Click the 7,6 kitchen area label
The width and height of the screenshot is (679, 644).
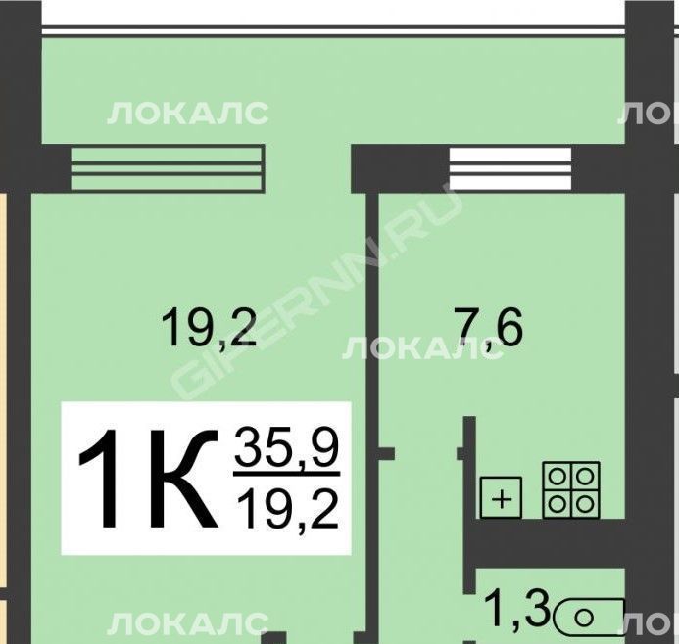pos(491,328)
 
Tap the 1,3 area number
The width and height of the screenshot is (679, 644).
pos(517,610)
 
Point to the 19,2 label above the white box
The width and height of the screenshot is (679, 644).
pos(209,327)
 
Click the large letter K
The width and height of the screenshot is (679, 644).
pos(182,479)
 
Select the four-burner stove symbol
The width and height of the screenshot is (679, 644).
pos(571,489)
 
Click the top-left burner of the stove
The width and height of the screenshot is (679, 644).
pos(557,477)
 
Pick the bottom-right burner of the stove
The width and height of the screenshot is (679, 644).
pos(586,504)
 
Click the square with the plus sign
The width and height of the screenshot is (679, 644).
pos(501,497)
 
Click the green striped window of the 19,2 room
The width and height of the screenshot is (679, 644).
pos(168,167)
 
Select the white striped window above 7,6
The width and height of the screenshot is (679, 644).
pos(510,168)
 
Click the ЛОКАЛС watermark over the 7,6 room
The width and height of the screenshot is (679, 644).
pos(423,348)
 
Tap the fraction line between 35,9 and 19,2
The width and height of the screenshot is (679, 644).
pos(287,475)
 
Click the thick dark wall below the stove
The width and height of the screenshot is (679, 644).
pos(546,543)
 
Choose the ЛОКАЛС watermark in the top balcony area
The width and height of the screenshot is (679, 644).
pos(187,114)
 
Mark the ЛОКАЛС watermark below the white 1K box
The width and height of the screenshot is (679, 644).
pos(187,623)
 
